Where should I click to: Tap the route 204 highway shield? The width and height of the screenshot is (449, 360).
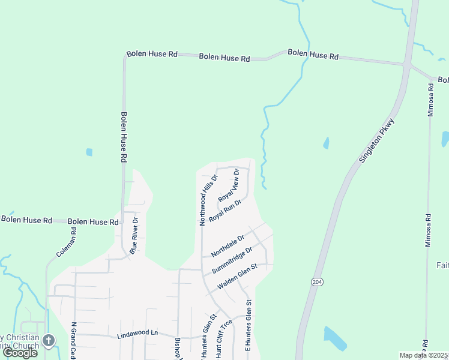[x=316, y=281]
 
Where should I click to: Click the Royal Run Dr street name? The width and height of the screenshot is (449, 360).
[x=225, y=210]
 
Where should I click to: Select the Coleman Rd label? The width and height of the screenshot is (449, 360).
[x=67, y=242]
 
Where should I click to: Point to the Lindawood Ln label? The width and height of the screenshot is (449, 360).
[x=137, y=333]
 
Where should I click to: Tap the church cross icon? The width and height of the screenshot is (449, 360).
[x=49, y=340]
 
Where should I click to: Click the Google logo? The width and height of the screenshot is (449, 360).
[x=20, y=353]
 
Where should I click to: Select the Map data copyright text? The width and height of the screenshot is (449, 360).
[x=424, y=355]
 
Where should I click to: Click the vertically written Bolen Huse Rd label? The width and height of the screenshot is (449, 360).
[x=124, y=137]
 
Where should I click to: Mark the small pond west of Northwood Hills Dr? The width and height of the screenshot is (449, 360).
[x=89, y=152]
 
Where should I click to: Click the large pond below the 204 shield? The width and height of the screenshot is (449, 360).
[x=334, y=339]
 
